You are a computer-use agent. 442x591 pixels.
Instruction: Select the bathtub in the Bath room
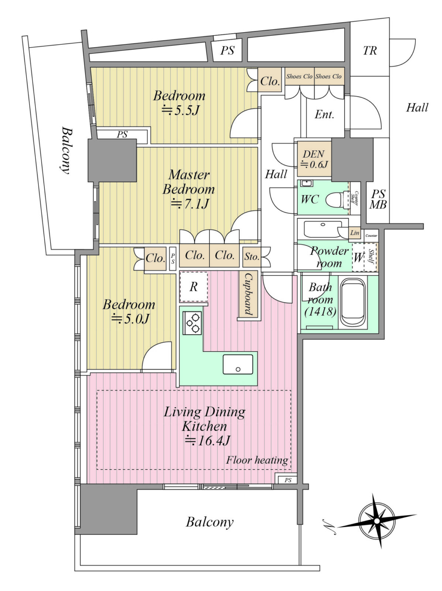point(353,304)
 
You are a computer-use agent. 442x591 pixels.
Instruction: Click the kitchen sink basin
point(238,365)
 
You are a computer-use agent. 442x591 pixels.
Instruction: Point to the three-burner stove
point(192,323)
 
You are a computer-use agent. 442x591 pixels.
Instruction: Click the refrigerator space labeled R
point(193,287)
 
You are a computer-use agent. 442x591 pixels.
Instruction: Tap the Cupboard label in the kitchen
point(248,294)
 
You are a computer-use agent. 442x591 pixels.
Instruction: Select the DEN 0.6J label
point(314,159)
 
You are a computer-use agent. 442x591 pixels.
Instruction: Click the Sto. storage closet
point(251,257)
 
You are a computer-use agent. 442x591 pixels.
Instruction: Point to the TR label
point(370,51)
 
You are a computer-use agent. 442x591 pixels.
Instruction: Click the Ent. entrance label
point(324,115)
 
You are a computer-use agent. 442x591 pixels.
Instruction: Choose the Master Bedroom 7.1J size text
point(190,204)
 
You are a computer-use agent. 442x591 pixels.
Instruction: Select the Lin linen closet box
point(354,233)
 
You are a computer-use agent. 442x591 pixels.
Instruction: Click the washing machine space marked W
point(358,257)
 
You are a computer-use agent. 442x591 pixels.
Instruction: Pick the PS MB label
point(378,199)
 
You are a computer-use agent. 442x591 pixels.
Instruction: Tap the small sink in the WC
point(306,183)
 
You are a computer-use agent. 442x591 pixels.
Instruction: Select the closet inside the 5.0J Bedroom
point(155,259)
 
